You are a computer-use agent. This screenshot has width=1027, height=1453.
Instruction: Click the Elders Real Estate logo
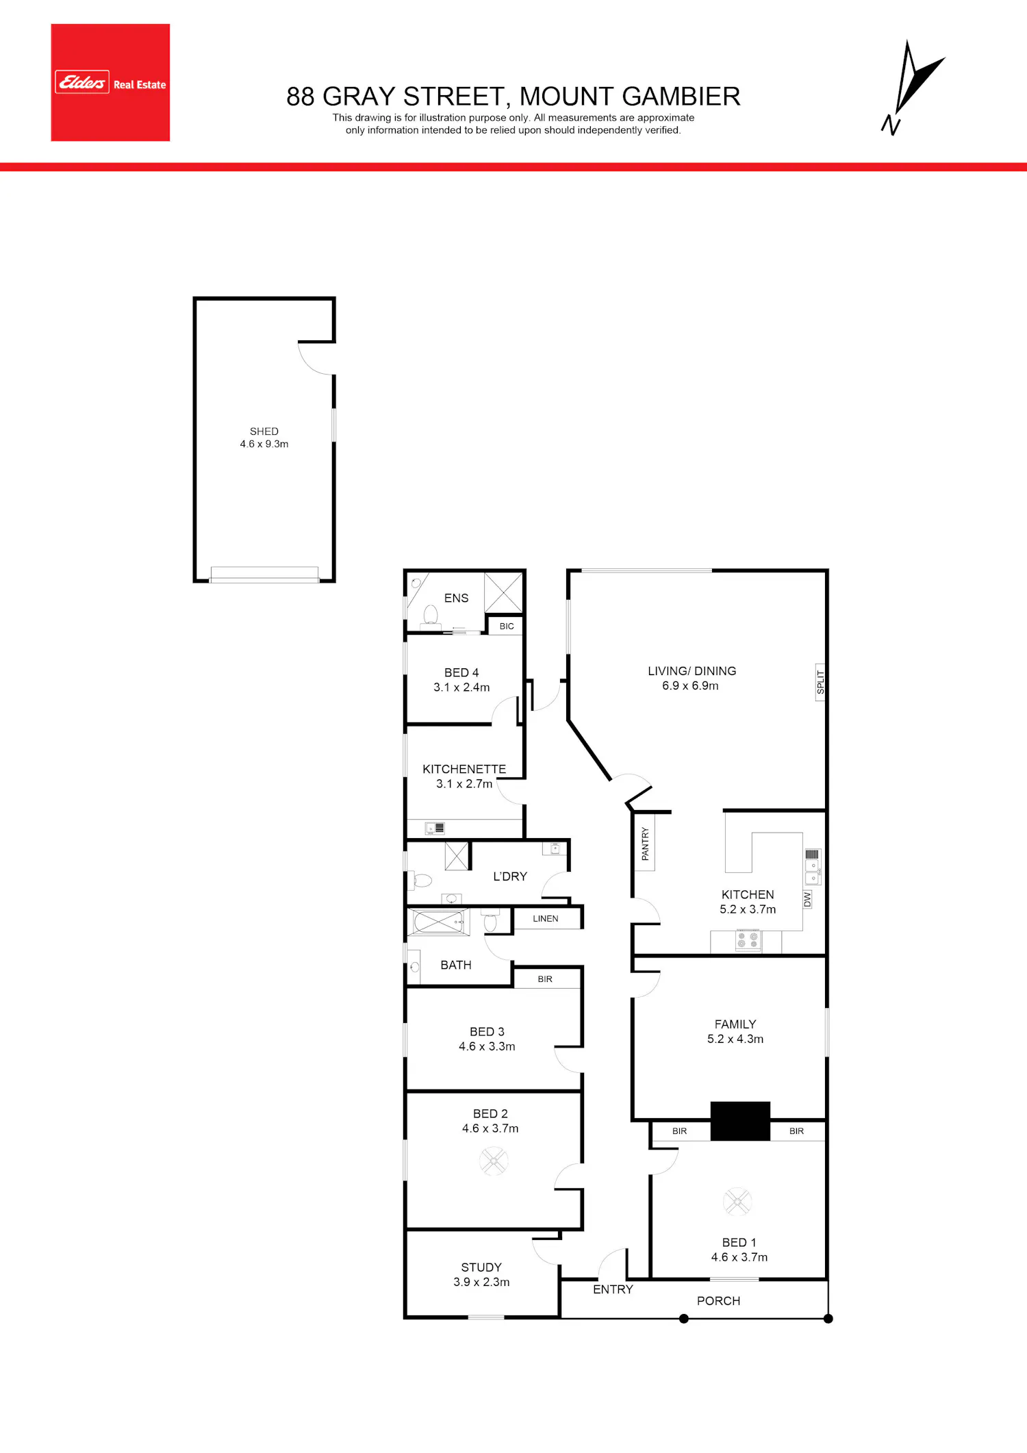[x=110, y=83]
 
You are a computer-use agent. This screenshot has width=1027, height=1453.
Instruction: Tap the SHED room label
[x=264, y=431]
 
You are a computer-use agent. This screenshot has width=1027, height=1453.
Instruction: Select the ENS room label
[x=456, y=598]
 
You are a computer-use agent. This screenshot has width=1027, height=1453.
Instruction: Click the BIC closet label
[x=507, y=627]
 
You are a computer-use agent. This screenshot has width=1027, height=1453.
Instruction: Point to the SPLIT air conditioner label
[x=820, y=682]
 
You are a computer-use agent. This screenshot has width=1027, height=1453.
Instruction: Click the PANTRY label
[x=645, y=844]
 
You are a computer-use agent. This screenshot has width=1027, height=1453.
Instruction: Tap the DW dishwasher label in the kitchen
[x=807, y=900]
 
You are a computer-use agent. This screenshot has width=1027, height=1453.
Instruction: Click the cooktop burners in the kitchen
[x=748, y=940]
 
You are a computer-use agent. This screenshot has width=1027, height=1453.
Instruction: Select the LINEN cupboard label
[x=546, y=919]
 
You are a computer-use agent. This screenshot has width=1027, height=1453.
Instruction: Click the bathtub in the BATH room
[x=439, y=922]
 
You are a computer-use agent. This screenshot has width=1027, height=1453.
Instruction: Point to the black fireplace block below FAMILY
[x=740, y=1121]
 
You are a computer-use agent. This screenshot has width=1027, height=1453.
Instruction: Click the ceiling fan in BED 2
[x=494, y=1161]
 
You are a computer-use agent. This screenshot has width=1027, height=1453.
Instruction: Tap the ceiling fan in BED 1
[x=737, y=1201]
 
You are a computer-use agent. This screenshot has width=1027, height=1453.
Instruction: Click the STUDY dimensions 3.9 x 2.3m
[x=481, y=1283]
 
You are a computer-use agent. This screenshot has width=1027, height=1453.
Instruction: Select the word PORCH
[x=718, y=1301]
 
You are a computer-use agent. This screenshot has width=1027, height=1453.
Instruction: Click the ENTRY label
[x=613, y=1289]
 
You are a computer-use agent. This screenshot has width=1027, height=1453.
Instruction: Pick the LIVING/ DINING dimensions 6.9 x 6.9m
[x=690, y=686]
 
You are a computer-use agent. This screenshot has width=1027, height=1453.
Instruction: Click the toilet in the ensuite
[x=431, y=615]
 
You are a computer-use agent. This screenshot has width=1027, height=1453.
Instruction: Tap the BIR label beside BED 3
[x=545, y=979]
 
